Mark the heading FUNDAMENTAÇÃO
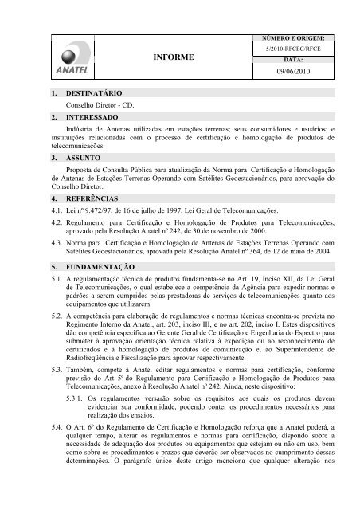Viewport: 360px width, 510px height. (105, 265)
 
